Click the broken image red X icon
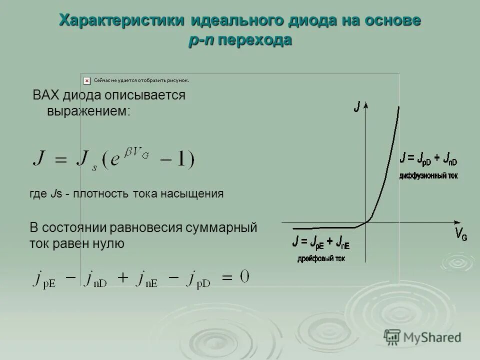(x=86, y=79)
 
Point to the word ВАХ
(x=45, y=95)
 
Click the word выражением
(x=88, y=110)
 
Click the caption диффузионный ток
(x=428, y=175)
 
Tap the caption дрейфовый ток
(x=321, y=258)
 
